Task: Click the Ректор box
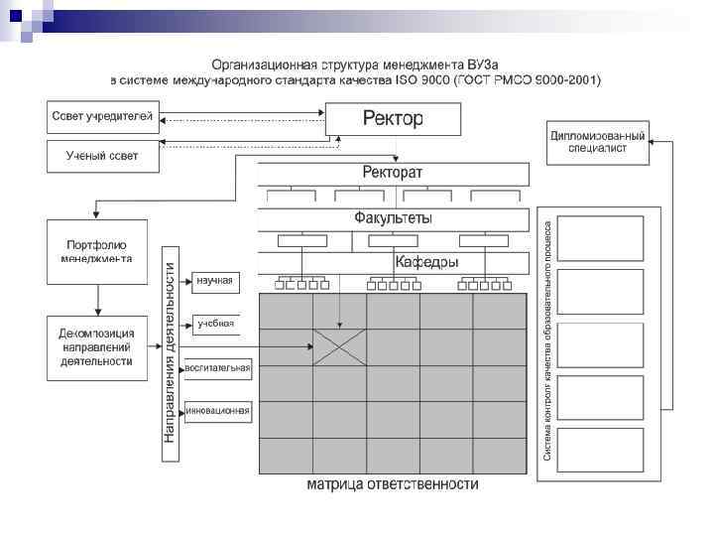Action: [x=394, y=120]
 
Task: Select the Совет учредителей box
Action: [x=102, y=118]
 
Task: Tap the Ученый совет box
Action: [x=102, y=156]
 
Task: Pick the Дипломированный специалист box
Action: [x=598, y=142]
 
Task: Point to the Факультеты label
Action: [x=393, y=217]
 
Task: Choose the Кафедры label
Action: [x=426, y=263]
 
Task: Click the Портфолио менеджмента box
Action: [x=95, y=252]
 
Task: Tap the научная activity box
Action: [x=214, y=281]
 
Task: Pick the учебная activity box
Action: [x=214, y=324]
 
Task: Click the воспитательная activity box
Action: [x=218, y=368]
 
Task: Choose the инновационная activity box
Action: [x=218, y=410]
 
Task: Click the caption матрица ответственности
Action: [x=393, y=485]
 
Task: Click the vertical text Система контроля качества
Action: [x=546, y=337]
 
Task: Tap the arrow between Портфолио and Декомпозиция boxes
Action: [x=96, y=299]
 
